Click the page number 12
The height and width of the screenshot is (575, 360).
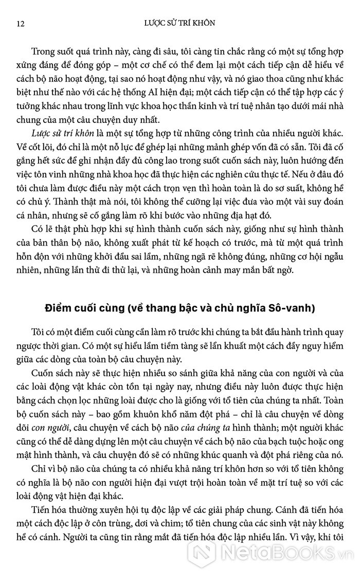point(21,23)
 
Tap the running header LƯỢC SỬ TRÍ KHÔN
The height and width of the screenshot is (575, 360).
point(179,23)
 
